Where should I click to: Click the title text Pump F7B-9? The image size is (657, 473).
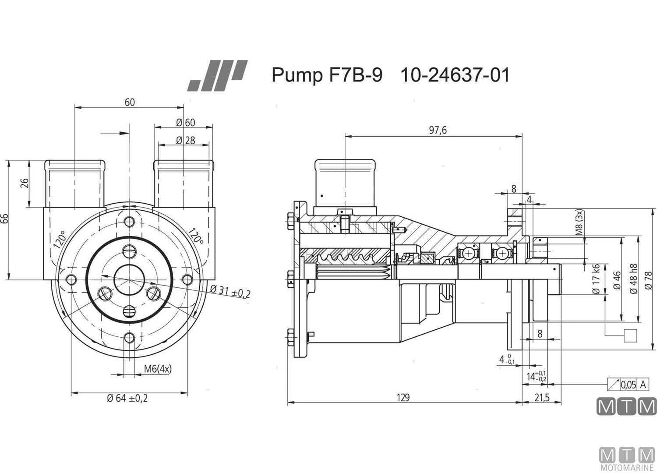pyautogui.click(x=327, y=75)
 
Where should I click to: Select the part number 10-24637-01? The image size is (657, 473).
pyautogui.click(x=455, y=75)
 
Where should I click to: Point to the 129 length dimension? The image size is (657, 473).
pyautogui.click(x=403, y=397)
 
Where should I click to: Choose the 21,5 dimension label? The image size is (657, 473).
pyautogui.click(x=541, y=397)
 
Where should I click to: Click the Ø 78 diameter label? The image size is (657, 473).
pyautogui.click(x=648, y=280)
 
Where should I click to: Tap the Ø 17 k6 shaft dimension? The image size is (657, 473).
pyautogui.click(x=596, y=279)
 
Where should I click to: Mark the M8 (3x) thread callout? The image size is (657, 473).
pyautogui.click(x=579, y=223)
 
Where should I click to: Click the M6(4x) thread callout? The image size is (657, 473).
pyautogui.click(x=158, y=369)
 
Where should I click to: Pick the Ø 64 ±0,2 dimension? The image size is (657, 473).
pyautogui.click(x=127, y=398)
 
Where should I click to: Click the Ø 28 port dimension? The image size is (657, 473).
pyautogui.click(x=185, y=140)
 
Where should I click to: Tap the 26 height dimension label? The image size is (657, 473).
pyautogui.click(x=25, y=183)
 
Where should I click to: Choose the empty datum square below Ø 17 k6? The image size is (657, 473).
pyautogui.click(x=629, y=335)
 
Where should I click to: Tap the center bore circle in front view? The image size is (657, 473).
pyautogui.click(x=129, y=279)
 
